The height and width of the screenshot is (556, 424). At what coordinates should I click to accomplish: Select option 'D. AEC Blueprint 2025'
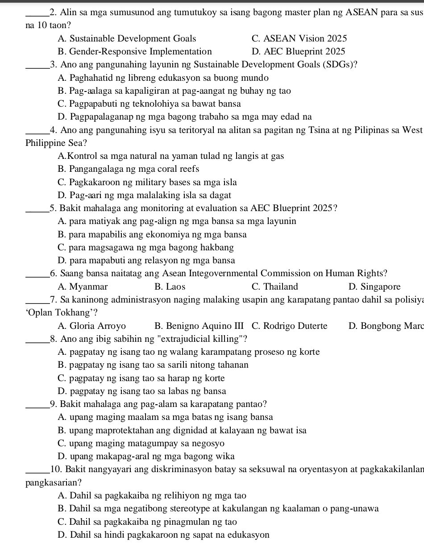click(298, 52)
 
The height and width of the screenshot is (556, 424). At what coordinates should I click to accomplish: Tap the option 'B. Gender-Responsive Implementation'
click(135, 52)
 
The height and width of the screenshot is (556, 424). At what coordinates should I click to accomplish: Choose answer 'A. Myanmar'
click(83, 286)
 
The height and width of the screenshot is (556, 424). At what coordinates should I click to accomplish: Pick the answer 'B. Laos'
click(170, 286)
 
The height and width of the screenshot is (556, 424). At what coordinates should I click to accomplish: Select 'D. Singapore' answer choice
click(374, 286)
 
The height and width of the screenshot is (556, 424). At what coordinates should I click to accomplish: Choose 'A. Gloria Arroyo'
click(91, 326)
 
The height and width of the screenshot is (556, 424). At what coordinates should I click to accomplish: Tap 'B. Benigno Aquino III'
click(199, 326)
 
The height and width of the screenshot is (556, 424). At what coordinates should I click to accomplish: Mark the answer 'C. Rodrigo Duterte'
click(289, 326)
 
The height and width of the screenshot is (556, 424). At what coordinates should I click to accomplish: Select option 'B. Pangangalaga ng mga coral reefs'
click(129, 169)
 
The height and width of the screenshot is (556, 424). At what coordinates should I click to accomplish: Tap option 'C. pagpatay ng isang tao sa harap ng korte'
click(141, 378)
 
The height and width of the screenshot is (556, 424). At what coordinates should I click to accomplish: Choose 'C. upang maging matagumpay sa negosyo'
click(141, 444)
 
